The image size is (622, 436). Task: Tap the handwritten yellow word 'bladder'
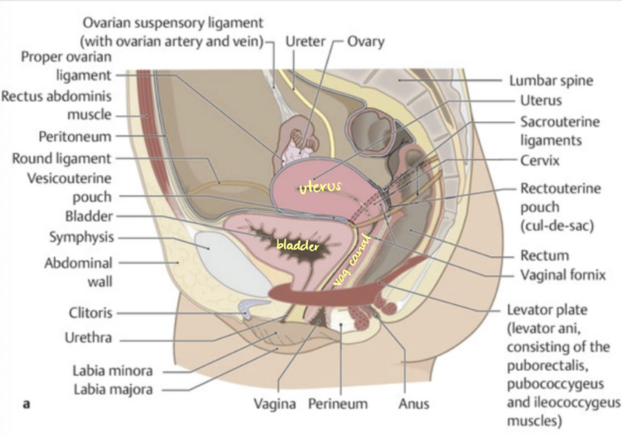[x=297, y=245]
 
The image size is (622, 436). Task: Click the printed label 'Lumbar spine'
[x=551, y=80]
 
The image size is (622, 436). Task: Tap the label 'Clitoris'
[x=90, y=313]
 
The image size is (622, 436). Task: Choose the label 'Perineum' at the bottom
[x=338, y=403]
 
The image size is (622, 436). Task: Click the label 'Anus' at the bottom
[x=414, y=403]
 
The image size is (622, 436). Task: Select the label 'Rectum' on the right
[x=544, y=255]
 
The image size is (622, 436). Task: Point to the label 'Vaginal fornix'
[x=562, y=275]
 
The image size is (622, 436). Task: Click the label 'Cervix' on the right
[x=540, y=160]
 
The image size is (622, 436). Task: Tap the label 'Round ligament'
[x=62, y=158]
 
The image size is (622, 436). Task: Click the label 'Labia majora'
[x=113, y=389]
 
